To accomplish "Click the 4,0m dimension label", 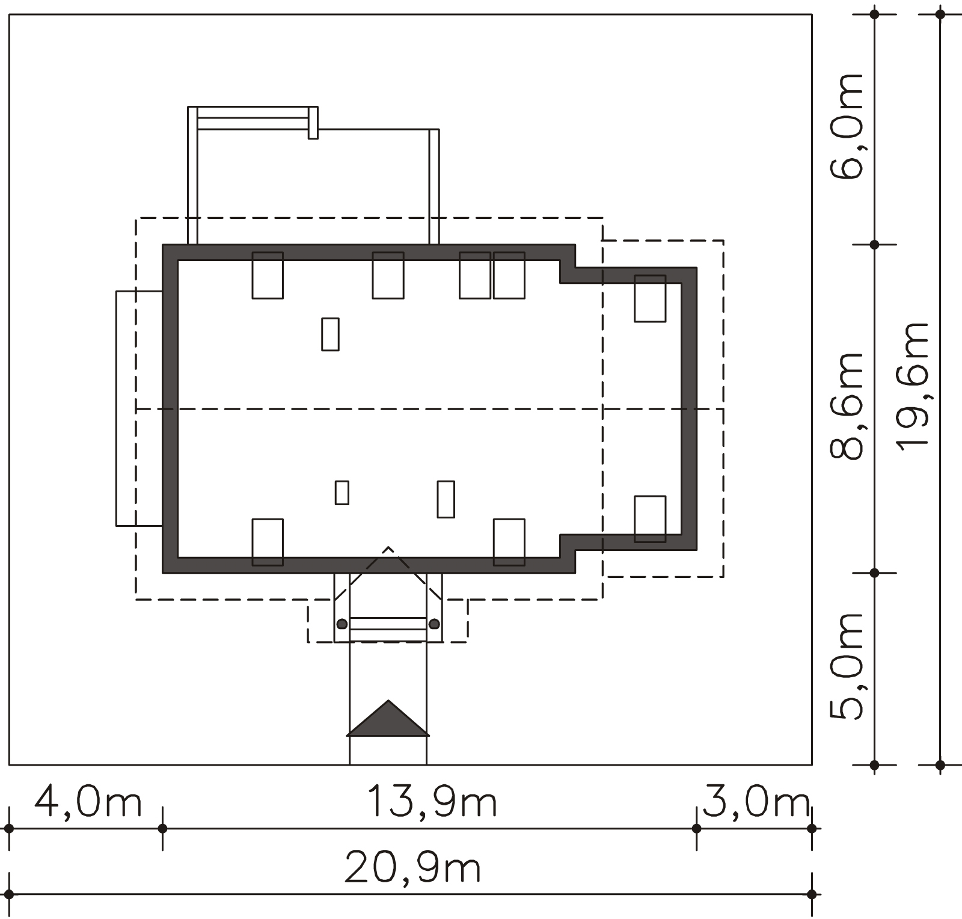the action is pyautogui.click(x=88, y=802).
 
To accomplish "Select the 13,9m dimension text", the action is pyautogui.click(x=432, y=802).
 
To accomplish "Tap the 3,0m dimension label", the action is pyautogui.click(x=756, y=802).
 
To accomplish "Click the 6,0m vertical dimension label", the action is pyautogui.click(x=847, y=126).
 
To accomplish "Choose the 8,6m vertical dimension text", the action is pyautogui.click(x=847, y=407).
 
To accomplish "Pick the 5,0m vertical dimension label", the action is pyautogui.click(x=847, y=666).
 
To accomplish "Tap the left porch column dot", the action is pyautogui.click(x=342, y=624).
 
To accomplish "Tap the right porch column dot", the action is pyautogui.click(x=434, y=624).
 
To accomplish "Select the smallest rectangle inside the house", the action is pyautogui.click(x=342, y=493).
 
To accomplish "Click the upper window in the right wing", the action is pyautogui.click(x=650, y=298).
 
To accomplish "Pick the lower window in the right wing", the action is pyautogui.click(x=650, y=519).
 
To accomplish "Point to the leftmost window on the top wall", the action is pyautogui.click(x=268, y=275).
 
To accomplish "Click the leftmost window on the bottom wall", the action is pyautogui.click(x=268, y=542).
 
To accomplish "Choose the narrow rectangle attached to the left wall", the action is pyautogui.click(x=139, y=408).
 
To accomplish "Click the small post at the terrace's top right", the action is pyautogui.click(x=313, y=123).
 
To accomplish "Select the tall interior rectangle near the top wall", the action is pyautogui.click(x=330, y=334).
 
